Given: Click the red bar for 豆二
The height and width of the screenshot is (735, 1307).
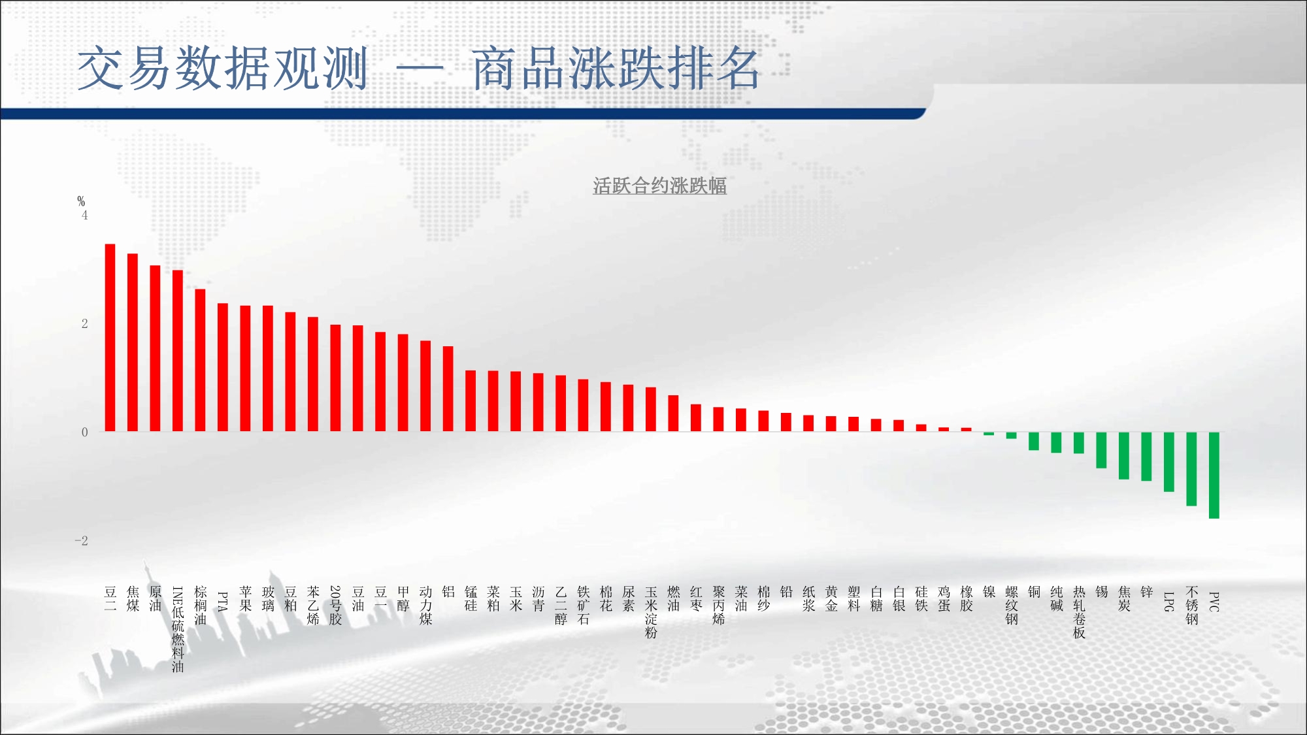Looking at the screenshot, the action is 110,338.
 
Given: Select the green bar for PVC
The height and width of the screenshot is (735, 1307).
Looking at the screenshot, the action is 1214,475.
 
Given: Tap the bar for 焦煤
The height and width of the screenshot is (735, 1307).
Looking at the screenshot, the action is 133,342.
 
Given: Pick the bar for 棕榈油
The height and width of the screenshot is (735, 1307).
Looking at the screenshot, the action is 200,360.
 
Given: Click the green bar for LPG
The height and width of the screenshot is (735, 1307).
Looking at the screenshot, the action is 1169,462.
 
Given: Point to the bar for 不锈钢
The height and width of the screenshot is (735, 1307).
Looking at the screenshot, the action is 1191,469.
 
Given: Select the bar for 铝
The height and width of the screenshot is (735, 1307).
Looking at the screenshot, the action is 448,389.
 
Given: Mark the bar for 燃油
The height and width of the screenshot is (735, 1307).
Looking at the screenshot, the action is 673,414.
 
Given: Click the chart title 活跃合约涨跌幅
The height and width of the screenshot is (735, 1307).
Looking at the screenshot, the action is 659,186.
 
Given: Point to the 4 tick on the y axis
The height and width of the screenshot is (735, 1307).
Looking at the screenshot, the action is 84,215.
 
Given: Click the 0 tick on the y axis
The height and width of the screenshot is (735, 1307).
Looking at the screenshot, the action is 84,432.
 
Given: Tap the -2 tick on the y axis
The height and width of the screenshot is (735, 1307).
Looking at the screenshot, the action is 81,540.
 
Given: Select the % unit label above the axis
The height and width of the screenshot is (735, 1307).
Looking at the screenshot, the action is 81,201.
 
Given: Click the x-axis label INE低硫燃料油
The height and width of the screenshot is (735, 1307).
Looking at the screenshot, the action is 178,629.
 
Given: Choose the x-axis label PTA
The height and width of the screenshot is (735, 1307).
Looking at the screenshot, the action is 223,602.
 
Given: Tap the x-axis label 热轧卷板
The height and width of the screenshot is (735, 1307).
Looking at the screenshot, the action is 1079,612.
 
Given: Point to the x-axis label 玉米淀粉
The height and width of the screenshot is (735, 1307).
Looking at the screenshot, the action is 651,612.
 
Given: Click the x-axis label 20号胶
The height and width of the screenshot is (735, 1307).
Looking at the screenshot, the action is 335,606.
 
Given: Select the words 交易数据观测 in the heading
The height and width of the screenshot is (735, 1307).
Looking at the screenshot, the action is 223,68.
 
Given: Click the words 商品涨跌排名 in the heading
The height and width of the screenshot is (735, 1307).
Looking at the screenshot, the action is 616,68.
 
